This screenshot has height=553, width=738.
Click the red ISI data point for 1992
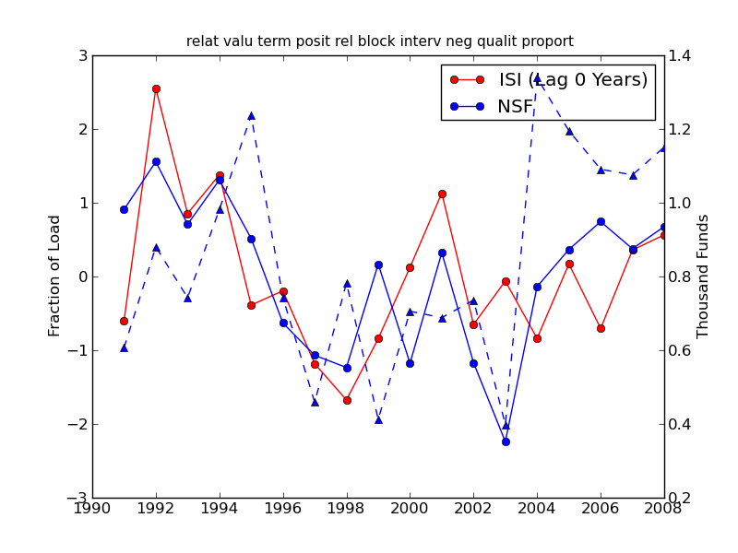click(x=156, y=88)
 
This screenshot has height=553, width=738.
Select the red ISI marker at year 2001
click(x=442, y=194)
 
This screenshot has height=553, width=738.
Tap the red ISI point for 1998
click(x=347, y=400)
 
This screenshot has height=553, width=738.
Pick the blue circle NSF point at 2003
click(x=506, y=441)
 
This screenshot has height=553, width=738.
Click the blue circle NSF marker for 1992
click(x=156, y=161)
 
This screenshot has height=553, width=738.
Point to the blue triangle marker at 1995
click(x=251, y=115)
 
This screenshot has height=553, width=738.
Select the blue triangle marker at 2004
click(x=537, y=78)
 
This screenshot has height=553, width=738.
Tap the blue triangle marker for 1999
click(x=378, y=419)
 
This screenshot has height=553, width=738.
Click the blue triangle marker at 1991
click(x=124, y=347)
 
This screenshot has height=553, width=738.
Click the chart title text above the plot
click(x=379, y=41)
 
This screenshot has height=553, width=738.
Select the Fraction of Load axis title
click(x=55, y=276)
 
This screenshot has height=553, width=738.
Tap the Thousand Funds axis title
click(x=703, y=276)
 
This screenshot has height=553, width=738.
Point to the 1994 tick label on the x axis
click(x=220, y=508)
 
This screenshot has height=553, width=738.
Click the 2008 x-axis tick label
click(x=663, y=508)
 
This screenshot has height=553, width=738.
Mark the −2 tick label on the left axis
click(x=78, y=424)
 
